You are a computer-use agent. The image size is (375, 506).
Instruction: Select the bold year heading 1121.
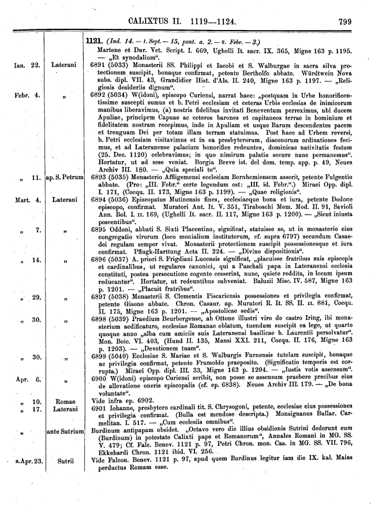coord(93,41)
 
